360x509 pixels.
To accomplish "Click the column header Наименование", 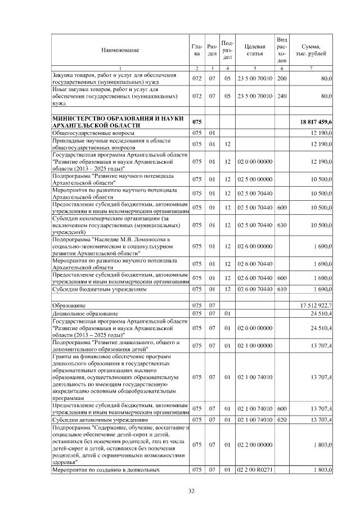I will tap(120, 50).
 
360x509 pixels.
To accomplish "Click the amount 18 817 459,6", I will tap(317, 121).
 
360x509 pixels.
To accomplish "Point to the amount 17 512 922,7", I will tap(317, 305).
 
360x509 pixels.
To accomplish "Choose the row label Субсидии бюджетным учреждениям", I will tap(100, 290).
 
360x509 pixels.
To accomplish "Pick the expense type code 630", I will tap(282, 225).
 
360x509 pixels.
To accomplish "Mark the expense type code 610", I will tap(282, 290).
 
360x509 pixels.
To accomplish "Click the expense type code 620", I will tap(282, 420).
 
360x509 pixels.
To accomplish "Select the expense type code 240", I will tap(282, 96).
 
